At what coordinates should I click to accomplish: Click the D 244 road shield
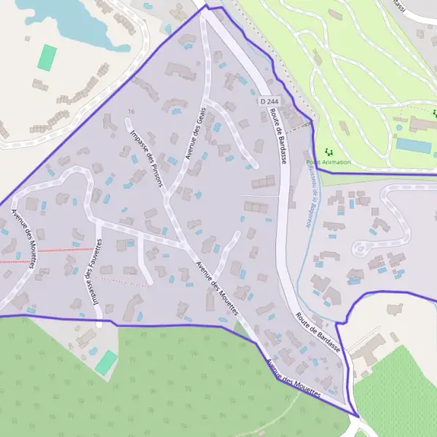click(269, 102)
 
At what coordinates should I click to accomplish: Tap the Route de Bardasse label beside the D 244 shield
click(279, 134)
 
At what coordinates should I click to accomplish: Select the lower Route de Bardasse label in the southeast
click(318, 333)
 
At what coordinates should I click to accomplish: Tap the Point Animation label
click(328, 162)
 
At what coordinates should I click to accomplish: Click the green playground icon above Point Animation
click(328, 152)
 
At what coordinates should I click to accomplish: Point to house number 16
click(131, 111)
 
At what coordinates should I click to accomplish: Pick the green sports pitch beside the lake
click(47, 58)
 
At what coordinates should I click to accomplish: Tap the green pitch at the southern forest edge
click(106, 362)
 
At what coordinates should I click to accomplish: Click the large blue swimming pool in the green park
click(414, 146)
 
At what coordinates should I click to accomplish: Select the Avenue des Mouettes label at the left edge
click(22, 239)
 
